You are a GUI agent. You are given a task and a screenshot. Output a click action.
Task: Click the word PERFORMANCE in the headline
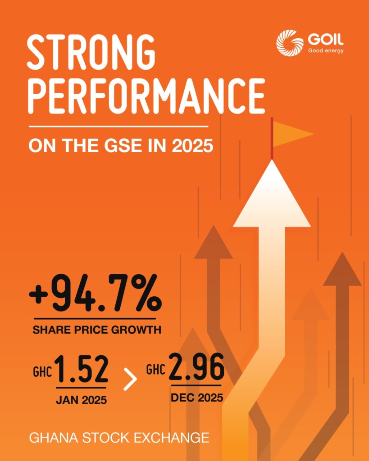(146, 95)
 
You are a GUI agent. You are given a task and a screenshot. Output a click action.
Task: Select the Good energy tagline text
(325, 51)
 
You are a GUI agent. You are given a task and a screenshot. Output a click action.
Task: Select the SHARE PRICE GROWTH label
(97, 330)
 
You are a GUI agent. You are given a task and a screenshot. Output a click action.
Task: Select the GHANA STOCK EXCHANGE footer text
(119, 438)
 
